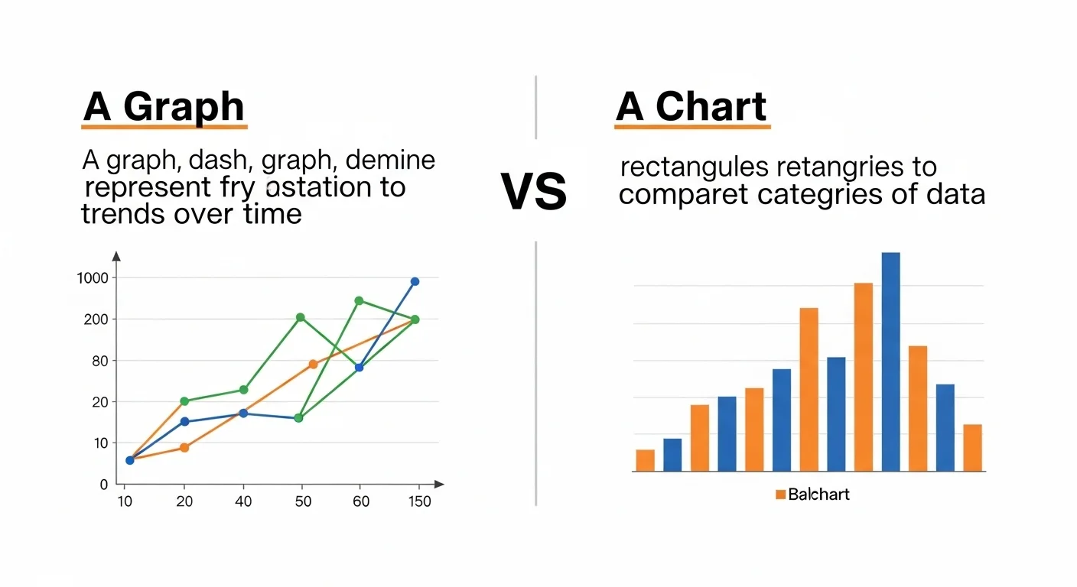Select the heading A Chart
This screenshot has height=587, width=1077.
pyautogui.click(x=691, y=107)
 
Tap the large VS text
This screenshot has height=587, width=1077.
pyautogui.click(x=534, y=192)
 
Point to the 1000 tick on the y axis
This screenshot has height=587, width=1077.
pyautogui.click(x=93, y=278)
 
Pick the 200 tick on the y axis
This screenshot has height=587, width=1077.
pyautogui.click(x=94, y=319)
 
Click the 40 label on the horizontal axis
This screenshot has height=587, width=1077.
pyautogui.click(x=243, y=502)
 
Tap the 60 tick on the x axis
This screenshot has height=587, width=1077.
pyautogui.click(x=361, y=502)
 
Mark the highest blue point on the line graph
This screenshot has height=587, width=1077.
pyautogui.click(x=415, y=281)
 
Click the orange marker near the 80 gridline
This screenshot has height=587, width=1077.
pyautogui.click(x=313, y=364)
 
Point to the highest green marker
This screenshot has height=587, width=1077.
pyautogui.click(x=359, y=300)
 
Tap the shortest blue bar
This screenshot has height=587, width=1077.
pyautogui.click(x=672, y=455)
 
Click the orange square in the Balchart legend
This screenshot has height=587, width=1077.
pyautogui.click(x=780, y=495)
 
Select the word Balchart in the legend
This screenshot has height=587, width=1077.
pyautogui.click(x=818, y=495)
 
